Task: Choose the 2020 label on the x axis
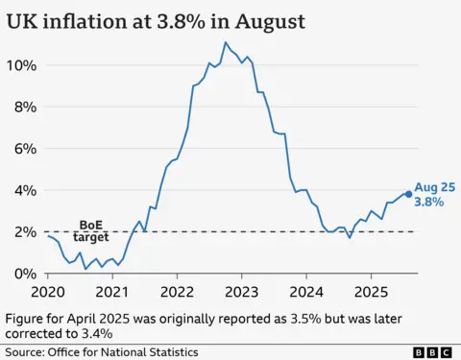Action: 47,291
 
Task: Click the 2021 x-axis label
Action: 112,291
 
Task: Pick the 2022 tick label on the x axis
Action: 178,291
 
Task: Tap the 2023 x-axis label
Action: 243,291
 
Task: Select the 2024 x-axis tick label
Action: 308,291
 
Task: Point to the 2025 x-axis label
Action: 374,291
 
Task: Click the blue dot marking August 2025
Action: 409,194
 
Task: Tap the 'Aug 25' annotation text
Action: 433,187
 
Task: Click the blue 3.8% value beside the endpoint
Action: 429,203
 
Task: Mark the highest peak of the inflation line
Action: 226,42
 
